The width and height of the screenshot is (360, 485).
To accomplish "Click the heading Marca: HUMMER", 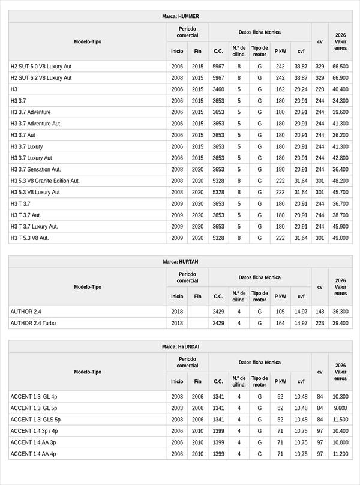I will click(180, 16).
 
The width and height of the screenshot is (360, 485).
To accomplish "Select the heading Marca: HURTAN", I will click(180, 262).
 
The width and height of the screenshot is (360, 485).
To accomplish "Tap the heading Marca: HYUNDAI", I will click(180, 347).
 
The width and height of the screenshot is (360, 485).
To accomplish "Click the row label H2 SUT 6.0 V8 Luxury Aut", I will click(41, 67).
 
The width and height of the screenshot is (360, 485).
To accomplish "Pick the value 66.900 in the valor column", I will click(340, 78).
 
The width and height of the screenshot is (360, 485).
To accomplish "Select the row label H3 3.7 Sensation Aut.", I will click(35, 169).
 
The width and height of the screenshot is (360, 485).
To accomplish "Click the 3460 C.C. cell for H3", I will click(218, 89).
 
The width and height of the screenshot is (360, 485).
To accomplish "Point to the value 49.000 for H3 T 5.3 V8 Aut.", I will click(340, 238).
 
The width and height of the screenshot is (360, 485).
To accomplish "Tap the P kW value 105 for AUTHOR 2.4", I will click(280, 312).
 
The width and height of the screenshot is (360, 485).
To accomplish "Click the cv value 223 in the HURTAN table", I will click(320, 323).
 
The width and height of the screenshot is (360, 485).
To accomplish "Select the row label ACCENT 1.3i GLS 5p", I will click(35, 420).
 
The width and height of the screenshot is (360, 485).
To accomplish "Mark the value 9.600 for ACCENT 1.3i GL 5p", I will click(340, 408).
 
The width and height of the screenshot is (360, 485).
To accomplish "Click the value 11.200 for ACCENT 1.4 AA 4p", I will click(340, 454).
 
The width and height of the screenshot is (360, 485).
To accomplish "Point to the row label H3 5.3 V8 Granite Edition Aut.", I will click(45, 181).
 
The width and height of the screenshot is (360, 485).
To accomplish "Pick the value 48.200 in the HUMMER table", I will click(340, 181).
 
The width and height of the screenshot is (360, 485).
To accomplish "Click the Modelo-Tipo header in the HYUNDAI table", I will click(88, 372).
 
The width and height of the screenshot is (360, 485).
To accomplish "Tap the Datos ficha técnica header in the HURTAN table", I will click(259, 277).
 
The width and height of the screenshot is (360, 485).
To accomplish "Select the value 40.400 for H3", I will click(340, 89).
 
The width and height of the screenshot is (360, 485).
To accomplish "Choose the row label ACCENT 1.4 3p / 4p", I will click(34, 431).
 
